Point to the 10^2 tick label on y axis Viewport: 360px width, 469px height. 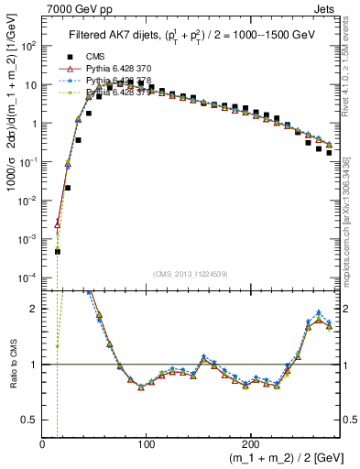(x=28, y=46)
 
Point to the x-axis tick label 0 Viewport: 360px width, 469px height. (x=42, y=443)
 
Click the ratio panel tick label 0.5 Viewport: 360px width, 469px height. (x=30, y=420)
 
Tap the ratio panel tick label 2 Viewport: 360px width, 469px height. (x=35, y=309)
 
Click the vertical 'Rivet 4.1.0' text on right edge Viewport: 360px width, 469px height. (x=352, y=64)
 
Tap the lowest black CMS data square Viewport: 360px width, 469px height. (x=57, y=251)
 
